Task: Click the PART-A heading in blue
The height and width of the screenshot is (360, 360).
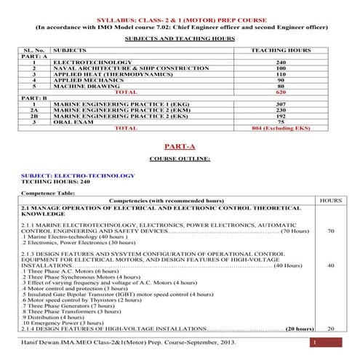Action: click(180, 145)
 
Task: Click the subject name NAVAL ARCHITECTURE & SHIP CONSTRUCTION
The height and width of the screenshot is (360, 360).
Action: click(111, 69)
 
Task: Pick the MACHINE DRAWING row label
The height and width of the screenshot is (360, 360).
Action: click(81, 87)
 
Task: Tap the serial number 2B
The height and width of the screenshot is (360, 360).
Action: click(33, 116)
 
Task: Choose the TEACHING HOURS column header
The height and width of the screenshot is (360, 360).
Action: click(281, 51)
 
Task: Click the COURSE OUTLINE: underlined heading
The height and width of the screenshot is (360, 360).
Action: click(180, 158)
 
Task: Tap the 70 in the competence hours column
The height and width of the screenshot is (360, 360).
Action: click(331, 231)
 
